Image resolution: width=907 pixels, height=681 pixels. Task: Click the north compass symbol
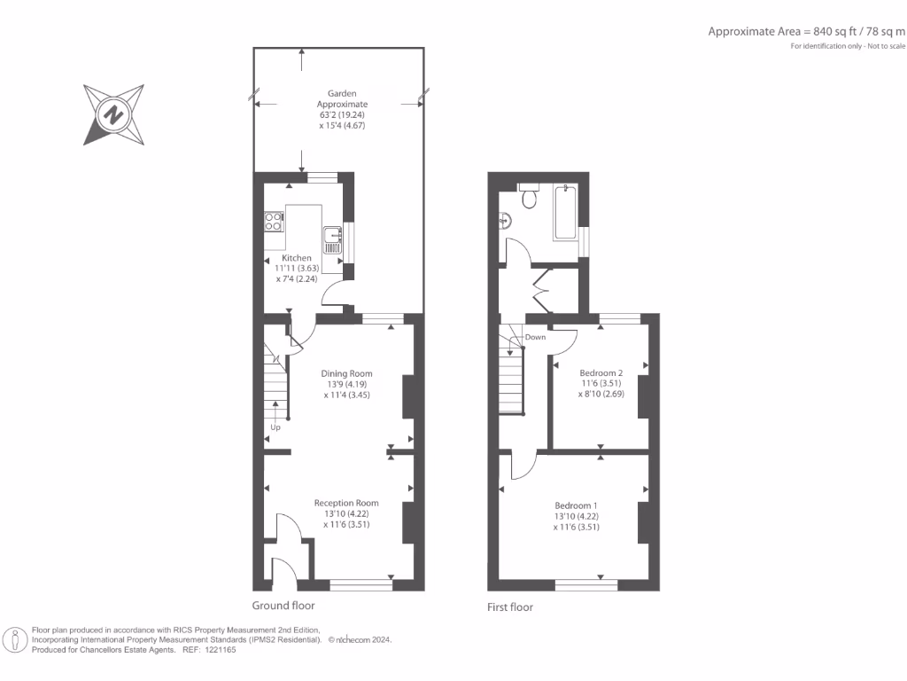113,114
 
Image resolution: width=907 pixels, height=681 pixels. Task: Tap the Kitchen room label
297,258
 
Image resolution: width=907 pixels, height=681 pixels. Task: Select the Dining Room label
346,373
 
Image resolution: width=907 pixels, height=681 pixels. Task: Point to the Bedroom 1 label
577,505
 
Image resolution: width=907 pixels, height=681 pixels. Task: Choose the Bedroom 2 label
601,372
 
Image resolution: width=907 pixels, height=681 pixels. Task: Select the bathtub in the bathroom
564,214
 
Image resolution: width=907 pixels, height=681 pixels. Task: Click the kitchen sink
333,235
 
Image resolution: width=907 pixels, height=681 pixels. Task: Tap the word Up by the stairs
275,427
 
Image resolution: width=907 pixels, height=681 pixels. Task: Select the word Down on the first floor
535,337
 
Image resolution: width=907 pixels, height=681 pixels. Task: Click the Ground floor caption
283,606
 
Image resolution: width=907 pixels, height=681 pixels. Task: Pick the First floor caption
510,607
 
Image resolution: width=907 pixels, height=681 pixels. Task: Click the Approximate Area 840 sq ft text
807,31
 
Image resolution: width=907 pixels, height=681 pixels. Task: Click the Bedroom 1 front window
586,583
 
